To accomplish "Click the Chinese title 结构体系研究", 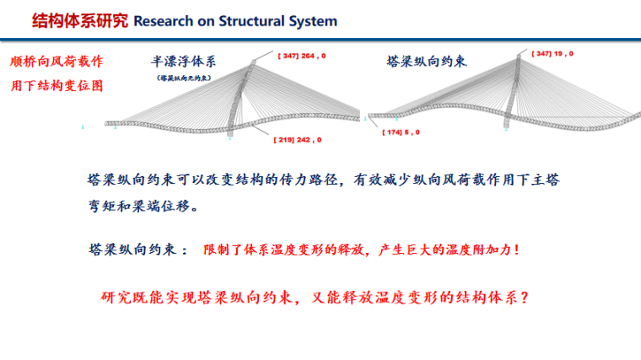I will click(81, 20).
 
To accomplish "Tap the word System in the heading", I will click(315, 21).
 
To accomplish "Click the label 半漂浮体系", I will click(183, 61).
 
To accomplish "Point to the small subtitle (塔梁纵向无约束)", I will click(183, 78).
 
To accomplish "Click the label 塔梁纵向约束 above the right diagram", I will click(427, 62).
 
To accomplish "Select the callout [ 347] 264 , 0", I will click(302, 56).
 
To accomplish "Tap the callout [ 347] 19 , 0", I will click(552, 54).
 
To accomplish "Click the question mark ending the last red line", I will click(525, 298).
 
